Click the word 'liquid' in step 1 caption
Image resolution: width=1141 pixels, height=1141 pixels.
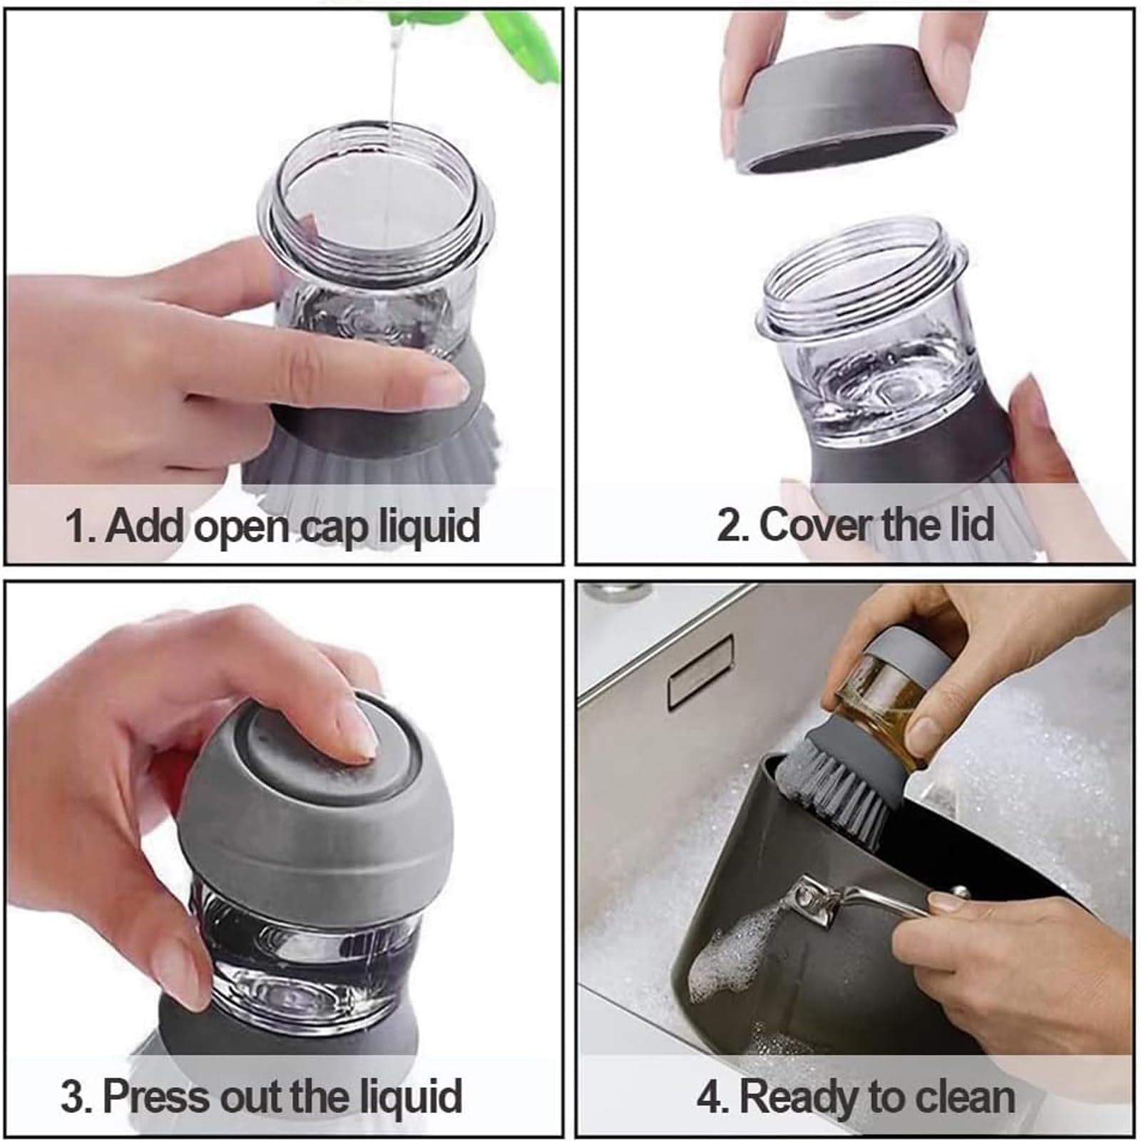point(428,526)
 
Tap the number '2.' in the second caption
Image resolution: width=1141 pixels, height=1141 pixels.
point(732,526)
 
